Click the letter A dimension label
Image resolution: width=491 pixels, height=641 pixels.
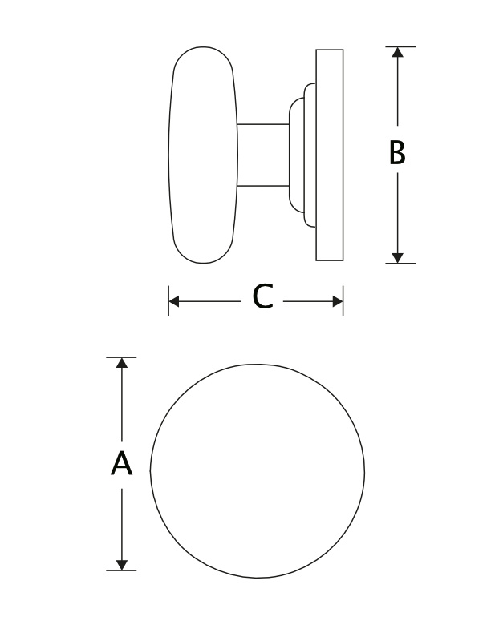tap(121, 463)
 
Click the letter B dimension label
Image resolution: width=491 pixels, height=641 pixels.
tap(397, 153)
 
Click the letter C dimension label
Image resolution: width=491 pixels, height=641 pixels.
tap(262, 296)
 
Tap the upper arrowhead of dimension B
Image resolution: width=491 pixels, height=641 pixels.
tap(397, 52)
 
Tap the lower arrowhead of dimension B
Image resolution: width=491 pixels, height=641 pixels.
tap(397, 258)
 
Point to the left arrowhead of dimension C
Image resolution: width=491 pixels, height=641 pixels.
tap(174, 302)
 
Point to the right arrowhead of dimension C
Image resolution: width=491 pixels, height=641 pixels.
tap(338, 302)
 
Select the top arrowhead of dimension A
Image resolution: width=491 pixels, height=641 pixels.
tap(121, 363)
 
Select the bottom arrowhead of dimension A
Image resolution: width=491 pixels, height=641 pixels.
tap(121, 565)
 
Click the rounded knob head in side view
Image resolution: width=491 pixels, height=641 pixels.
tap(203, 155)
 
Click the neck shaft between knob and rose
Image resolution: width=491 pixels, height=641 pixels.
tap(263, 155)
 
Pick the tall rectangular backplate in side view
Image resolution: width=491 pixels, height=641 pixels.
tap(330, 155)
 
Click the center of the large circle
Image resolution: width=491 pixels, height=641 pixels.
tap(257, 471)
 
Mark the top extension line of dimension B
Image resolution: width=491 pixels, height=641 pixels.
tap(400, 46)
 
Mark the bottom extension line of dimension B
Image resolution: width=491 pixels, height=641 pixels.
tap(400, 264)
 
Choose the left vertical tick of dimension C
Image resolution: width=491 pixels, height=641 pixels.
tap(168, 301)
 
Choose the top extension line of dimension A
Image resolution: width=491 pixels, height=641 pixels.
tap(121, 357)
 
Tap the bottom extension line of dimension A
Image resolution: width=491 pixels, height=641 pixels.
tap(121, 570)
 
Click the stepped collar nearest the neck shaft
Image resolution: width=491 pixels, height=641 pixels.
tap(297, 155)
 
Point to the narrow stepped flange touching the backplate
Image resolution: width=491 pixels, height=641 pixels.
tap(310, 155)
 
